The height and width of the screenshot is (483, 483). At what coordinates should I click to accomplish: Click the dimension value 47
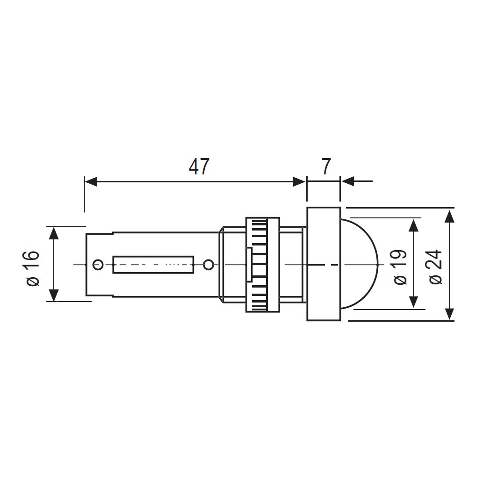[x=199, y=166]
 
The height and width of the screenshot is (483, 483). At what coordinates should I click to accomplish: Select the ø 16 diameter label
[x=33, y=268]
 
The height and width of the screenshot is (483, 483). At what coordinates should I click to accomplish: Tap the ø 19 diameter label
[x=400, y=267]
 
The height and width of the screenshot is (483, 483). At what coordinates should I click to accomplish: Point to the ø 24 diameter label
[x=436, y=267]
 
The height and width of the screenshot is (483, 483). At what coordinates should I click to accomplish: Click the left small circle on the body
[x=98, y=265]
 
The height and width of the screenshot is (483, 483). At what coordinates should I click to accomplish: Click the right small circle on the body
[x=209, y=265]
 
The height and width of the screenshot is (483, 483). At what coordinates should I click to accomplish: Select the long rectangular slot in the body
[x=153, y=265]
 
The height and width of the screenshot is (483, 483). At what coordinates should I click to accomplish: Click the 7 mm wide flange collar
[x=324, y=264]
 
